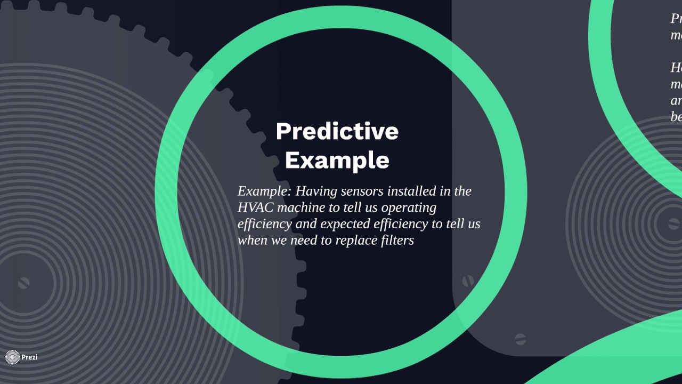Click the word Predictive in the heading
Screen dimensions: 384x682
337,131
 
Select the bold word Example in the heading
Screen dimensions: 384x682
337,160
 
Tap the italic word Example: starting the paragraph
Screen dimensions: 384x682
264,191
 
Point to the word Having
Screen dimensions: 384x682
316,191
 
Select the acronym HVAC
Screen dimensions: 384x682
255,207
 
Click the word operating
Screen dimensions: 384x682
408,207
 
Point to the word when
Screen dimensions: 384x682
253,241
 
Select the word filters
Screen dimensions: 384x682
397,241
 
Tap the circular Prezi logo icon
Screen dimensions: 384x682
12,357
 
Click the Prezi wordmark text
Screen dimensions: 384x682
29,357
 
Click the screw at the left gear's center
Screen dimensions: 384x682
23,283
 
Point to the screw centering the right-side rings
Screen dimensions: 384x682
675,225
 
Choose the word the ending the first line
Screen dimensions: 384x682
462,191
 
